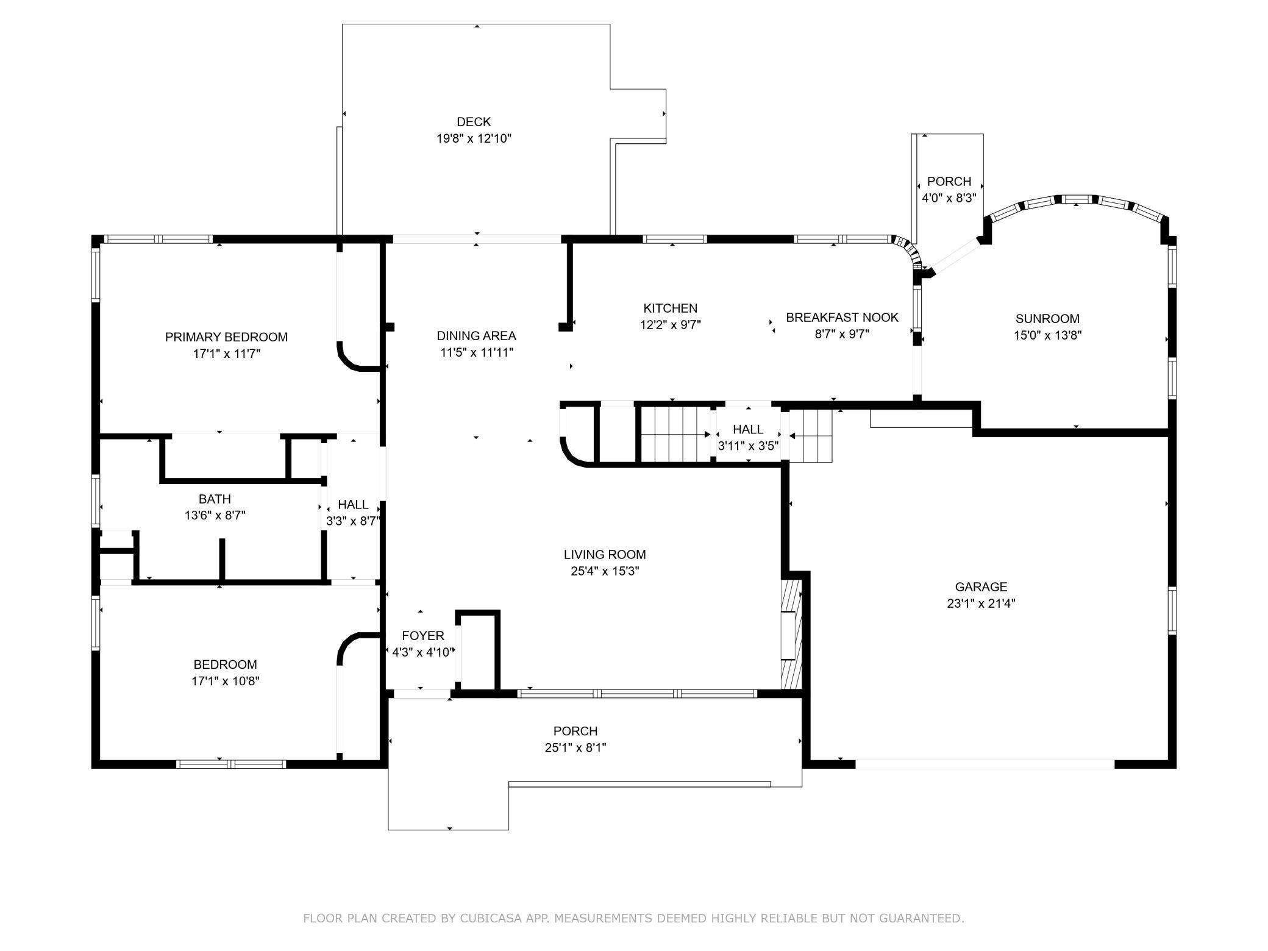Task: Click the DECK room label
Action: (x=474, y=122)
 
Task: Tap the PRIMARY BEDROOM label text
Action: (x=226, y=337)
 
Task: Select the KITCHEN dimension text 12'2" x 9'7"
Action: (x=671, y=325)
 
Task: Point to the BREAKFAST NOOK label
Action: (x=842, y=318)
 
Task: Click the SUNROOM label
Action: (x=1047, y=319)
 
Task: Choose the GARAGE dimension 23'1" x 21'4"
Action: (x=981, y=604)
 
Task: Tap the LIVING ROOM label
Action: (x=605, y=555)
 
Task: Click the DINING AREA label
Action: (x=476, y=336)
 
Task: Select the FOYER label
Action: (x=423, y=636)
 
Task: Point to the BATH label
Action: (x=215, y=499)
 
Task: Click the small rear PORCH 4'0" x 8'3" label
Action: (x=949, y=182)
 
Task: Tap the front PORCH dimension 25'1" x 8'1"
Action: (x=575, y=747)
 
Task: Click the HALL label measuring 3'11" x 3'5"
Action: (x=748, y=429)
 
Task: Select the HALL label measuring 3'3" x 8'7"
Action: (x=353, y=505)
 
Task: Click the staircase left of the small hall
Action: (x=675, y=435)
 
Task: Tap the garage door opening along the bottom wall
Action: (x=985, y=764)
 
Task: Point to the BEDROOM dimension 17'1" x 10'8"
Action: (x=226, y=681)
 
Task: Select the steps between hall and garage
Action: (x=811, y=436)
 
